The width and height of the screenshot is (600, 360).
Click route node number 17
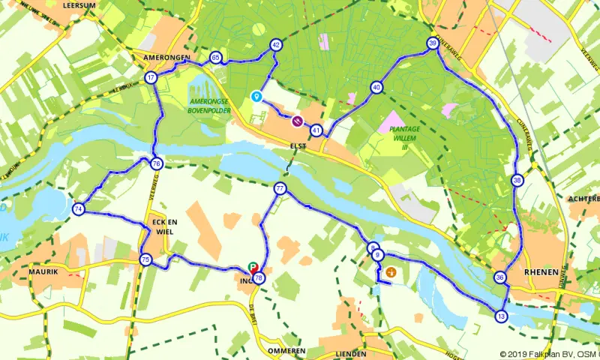click(x=151, y=78)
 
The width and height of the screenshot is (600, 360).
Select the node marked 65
click(x=216, y=58)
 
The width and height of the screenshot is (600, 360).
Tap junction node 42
click(x=276, y=45)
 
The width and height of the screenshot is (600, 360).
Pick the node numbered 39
click(x=432, y=43)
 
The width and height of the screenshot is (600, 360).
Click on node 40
click(x=376, y=88)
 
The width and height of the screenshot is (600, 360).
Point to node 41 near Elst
click(x=316, y=130)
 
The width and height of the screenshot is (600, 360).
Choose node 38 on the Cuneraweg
click(x=517, y=180)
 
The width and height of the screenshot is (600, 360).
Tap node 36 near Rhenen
click(x=500, y=277)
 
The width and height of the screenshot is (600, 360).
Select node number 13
click(x=501, y=316)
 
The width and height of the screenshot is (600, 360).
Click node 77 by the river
click(x=280, y=189)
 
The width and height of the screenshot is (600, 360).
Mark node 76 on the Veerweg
click(x=156, y=163)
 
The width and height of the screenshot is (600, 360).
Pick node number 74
click(x=79, y=210)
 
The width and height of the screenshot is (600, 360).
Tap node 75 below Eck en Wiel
click(x=145, y=260)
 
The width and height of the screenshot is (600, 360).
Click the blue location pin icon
click(x=256, y=97)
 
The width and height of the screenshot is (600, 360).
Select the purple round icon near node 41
click(x=298, y=121)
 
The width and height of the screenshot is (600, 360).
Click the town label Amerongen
click(x=164, y=57)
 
